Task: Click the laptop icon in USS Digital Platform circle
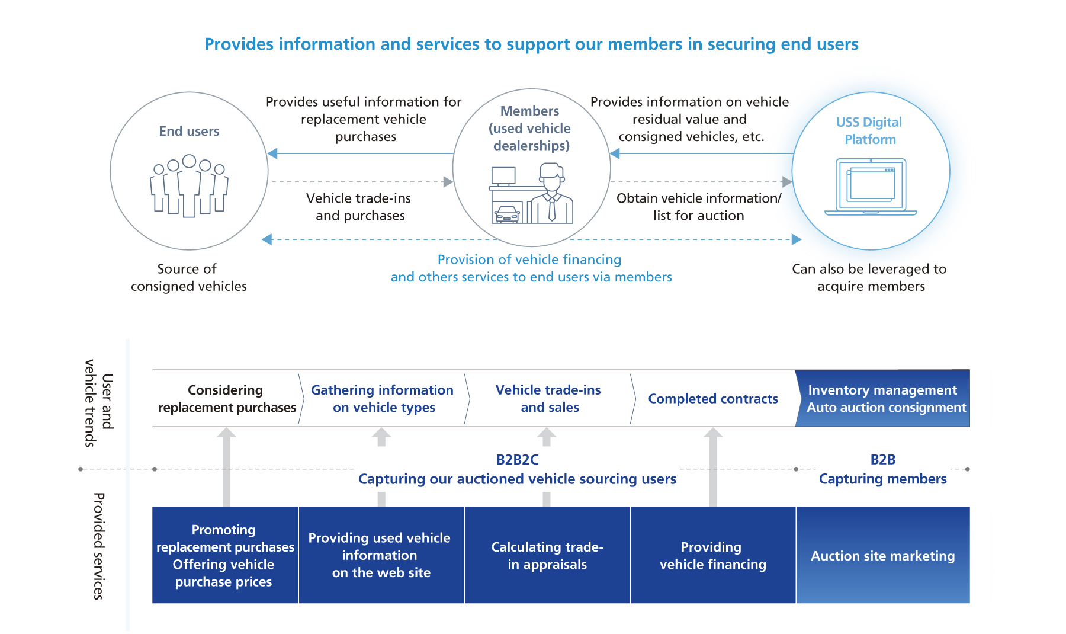871,187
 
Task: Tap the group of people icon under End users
189,186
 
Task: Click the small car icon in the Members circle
507,214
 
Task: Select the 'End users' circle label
189,131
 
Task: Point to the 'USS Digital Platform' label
869,130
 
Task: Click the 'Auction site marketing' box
882,555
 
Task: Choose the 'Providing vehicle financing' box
712,555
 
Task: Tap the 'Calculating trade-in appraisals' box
547,555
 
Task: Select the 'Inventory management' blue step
882,398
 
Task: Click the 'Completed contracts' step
713,399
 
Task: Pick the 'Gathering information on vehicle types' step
382,398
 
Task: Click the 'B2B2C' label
517,459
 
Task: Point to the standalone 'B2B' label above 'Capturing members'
882,459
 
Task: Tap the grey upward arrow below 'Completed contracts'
713,465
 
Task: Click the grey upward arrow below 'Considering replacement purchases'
226,465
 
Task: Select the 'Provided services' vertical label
99,546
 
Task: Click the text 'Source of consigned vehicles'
188,277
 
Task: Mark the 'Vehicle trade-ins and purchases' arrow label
359,207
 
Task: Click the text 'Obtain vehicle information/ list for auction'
699,207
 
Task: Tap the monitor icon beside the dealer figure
503,176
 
